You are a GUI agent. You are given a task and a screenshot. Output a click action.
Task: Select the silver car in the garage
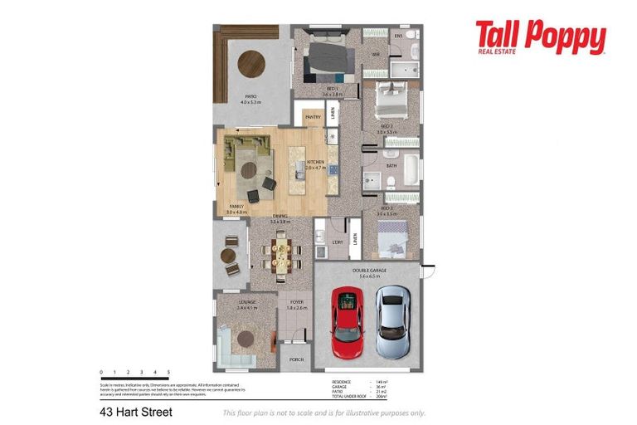(391, 322)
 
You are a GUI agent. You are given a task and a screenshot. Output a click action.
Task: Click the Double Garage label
(368, 271)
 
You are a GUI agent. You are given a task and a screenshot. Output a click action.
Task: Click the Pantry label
(313, 117)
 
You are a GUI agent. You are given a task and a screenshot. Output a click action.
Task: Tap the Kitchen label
(315, 162)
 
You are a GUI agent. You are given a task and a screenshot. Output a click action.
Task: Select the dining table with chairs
(282, 252)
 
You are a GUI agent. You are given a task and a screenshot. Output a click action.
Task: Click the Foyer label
(296, 301)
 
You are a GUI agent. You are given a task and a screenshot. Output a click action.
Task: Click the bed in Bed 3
(391, 242)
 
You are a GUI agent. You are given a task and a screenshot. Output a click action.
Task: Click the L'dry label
(337, 242)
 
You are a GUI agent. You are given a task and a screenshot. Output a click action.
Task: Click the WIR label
(376, 55)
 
